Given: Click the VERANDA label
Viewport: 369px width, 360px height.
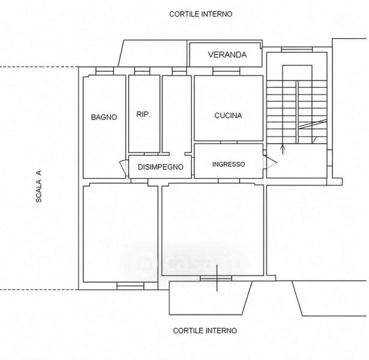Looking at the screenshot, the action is pyautogui.click(x=227, y=55).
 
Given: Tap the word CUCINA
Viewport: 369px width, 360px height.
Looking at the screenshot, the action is pyautogui.click(x=228, y=116).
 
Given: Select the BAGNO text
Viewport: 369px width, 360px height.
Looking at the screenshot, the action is pyautogui.click(x=104, y=117).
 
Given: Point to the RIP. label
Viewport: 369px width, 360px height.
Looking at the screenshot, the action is pyautogui.click(x=143, y=115).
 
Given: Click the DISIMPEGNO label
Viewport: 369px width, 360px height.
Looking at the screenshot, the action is pyautogui.click(x=160, y=167).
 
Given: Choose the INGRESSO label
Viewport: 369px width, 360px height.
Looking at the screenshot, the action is pyautogui.click(x=229, y=164).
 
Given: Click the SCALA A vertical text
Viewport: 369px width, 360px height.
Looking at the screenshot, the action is pyautogui.click(x=38, y=187).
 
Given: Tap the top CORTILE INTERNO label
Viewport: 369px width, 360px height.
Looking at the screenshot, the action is pyautogui.click(x=201, y=14).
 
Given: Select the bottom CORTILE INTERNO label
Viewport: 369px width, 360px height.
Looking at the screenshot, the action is pyautogui.click(x=205, y=331).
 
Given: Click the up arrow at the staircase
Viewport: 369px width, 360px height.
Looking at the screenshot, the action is pyautogui.click(x=283, y=149).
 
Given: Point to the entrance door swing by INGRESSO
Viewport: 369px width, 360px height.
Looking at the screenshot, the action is pyautogui.click(x=269, y=162).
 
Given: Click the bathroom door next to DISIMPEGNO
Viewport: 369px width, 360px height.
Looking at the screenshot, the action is pyautogui.click(x=124, y=167).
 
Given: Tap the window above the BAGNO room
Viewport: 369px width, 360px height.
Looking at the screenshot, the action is pyautogui.click(x=105, y=71).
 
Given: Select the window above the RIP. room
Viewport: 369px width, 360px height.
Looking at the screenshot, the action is pyautogui.click(x=142, y=71).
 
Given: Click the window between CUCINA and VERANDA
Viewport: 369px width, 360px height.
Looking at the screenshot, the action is pyautogui.click(x=226, y=71).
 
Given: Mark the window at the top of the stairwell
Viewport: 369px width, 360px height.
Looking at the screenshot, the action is pyautogui.click(x=297, y=50).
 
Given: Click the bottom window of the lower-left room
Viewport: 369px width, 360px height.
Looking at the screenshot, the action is pyautogui.click(x=130, y=286).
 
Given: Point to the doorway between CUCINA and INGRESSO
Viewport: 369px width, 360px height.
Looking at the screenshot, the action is pyautogui.click(x=229, y=142).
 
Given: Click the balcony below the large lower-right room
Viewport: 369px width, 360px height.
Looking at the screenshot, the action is pyautogui.click(x=211, y=298).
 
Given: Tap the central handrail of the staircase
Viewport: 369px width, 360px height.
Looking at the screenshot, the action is pyautogui.click(x=297, y=112).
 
